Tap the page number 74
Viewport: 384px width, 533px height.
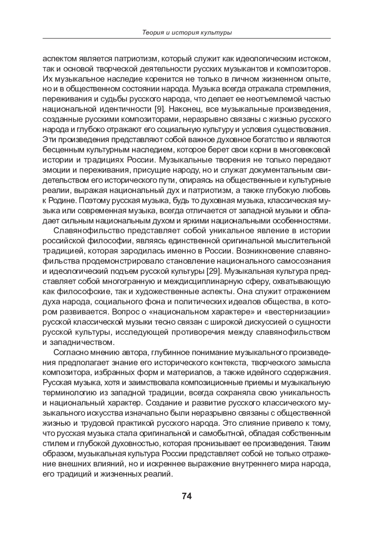coord(187,496)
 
